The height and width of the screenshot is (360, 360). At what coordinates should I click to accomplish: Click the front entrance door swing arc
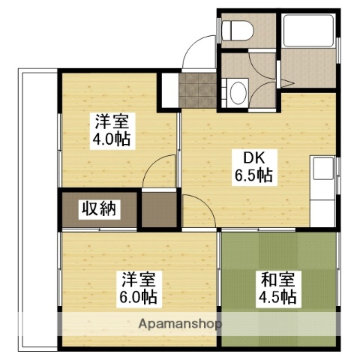(197, 52)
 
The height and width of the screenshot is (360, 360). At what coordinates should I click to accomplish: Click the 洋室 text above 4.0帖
(110, 121)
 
